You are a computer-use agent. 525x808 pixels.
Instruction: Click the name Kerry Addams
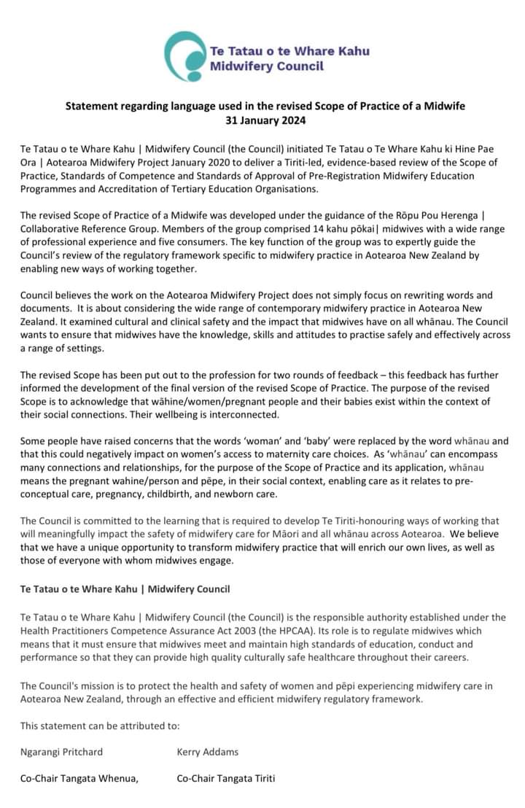(207, 752)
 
